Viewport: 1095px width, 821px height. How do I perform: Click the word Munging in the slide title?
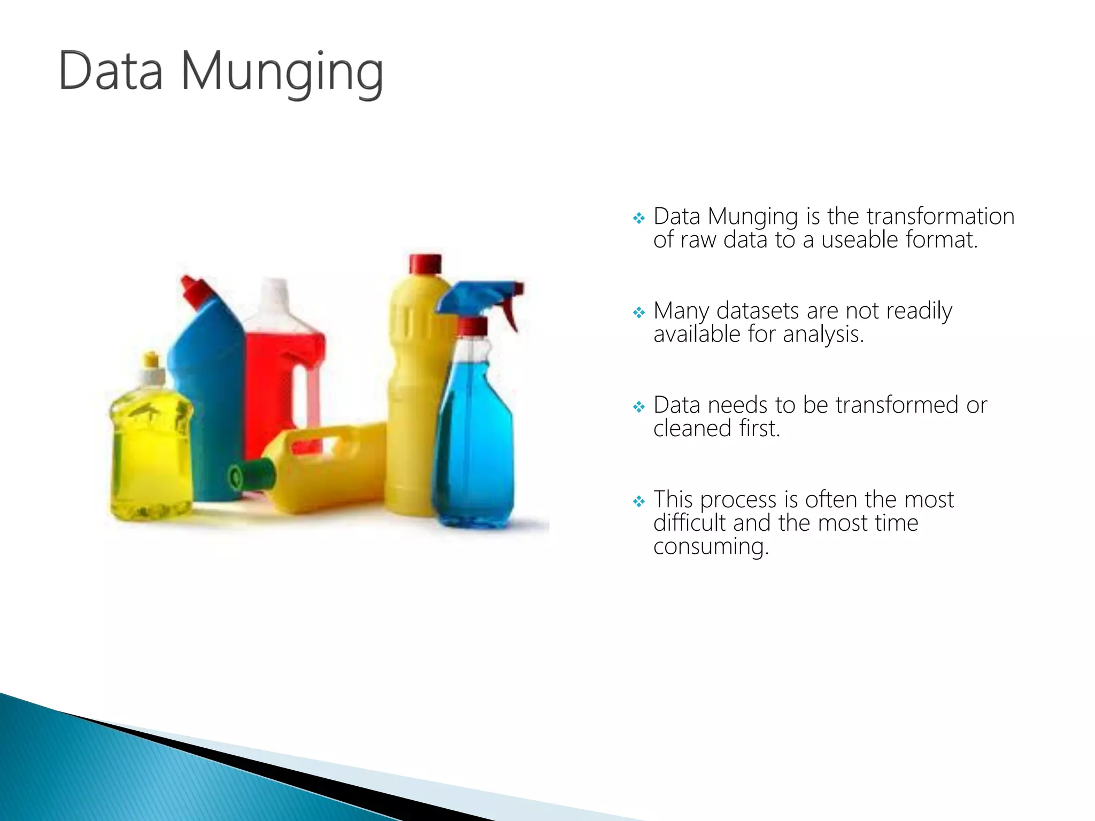click(x=282, y=72)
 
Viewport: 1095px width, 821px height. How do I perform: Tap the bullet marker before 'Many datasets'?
click(x=638, y=312)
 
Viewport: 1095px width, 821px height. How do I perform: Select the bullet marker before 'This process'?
click(x=638, y=501)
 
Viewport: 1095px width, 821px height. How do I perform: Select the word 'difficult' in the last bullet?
click(x=689, y=523)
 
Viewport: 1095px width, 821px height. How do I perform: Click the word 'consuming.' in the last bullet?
click(x=711, y=547)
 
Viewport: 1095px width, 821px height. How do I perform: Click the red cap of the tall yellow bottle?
click(x=426, y=264)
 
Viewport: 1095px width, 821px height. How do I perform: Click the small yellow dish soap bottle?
click(x=151, y=454)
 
